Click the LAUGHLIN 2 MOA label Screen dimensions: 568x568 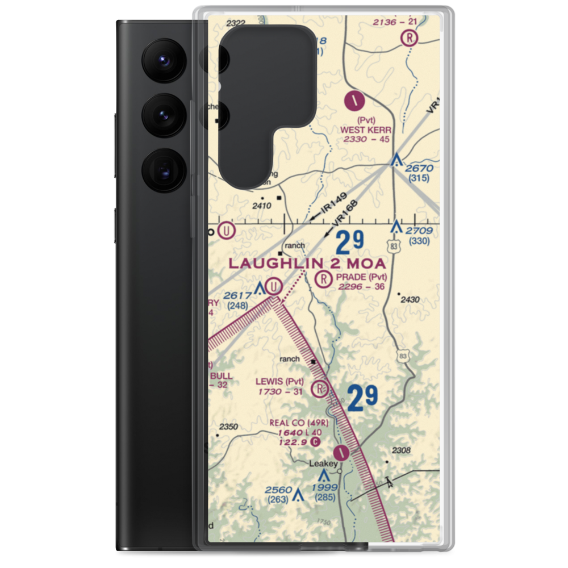(x=307, y=264)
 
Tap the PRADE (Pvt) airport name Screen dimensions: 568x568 (x=361, y=277)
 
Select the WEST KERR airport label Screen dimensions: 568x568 (x=365, y=130)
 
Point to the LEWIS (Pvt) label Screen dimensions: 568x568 (x=279, y=381)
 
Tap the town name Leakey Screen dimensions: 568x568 (x=323, y=463)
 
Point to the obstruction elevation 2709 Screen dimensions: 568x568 (x=420, y=231)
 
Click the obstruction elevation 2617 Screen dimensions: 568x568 (x=237, y=295)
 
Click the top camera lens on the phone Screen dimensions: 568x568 (x=162, y=60)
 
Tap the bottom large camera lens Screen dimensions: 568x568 (x=162, y=169)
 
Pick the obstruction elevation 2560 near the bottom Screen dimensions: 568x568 (x=278, y=490)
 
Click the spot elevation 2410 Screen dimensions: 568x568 (x=261, y=206)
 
